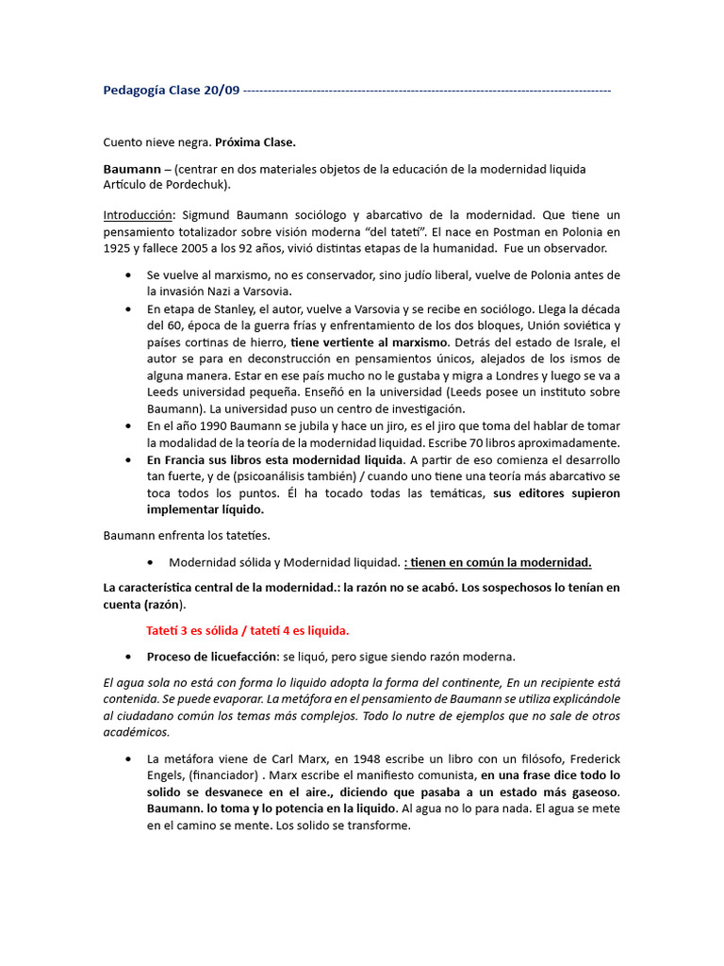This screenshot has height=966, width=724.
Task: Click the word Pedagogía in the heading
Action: tap(137, 91)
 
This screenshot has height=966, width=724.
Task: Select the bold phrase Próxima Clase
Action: tap(255, 142)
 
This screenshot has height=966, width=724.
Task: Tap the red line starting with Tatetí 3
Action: tap(247, 630)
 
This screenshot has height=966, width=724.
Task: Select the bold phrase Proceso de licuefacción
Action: tap(212, 657)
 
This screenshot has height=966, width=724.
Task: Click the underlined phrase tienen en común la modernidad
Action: tap(498, 562)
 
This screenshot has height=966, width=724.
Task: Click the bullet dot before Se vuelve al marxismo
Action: tap(128, 275)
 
